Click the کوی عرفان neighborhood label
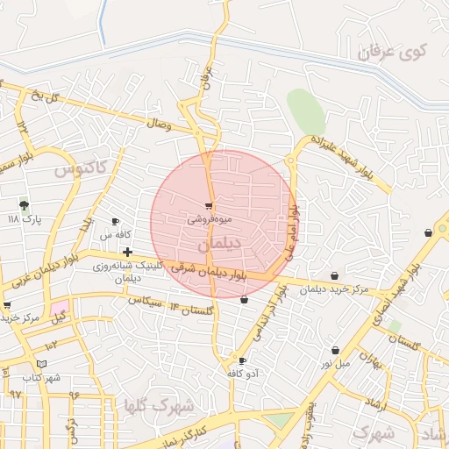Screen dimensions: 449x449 [x=395, y=53]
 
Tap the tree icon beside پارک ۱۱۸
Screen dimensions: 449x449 [x=23, y=204]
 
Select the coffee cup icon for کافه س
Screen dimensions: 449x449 [x=115, y=221]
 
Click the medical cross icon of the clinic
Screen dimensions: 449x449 [x=127, y=252]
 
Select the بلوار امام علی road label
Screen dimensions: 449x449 [x=292, y=231]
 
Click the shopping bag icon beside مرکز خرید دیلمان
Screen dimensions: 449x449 [x=334, y=276]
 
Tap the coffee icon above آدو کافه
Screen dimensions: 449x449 [x=242, y=360]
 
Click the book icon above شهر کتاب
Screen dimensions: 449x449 [x=40, y=364]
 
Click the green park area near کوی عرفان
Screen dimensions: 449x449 [x=305, y=111]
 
